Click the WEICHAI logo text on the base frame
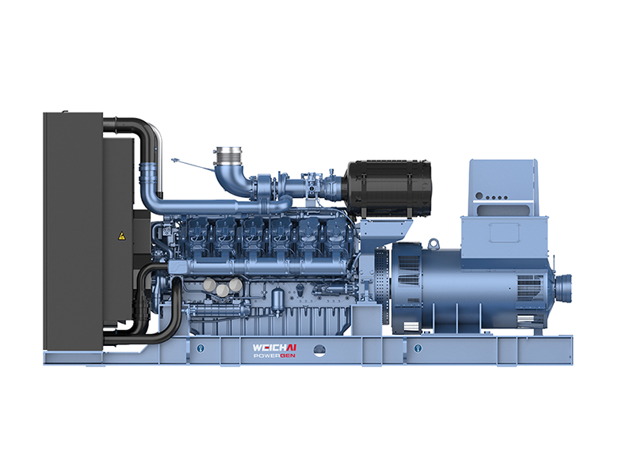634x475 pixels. [x=274, y=348]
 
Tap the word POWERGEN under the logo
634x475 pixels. [x=274, y=355]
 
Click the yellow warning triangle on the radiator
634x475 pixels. [x=121, y=236]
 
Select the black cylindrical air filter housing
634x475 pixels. [x=388, y=188]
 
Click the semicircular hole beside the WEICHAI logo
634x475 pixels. [x=319, y=351]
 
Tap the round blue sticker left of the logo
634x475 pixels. [x=201, y=348]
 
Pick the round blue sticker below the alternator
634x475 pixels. [x=418, y=348]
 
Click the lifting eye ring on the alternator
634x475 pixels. [x=433, y=243]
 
